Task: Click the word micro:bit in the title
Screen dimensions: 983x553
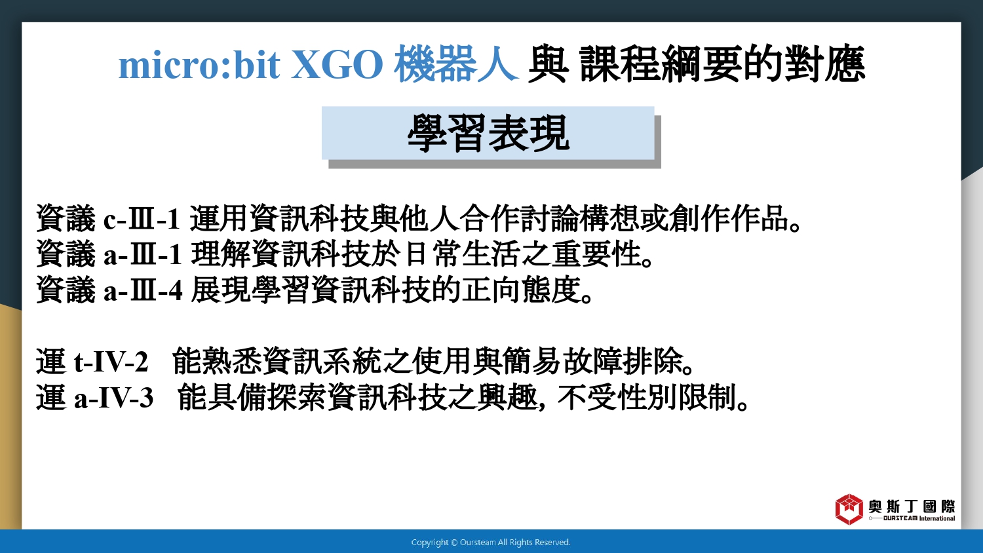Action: point(199,65)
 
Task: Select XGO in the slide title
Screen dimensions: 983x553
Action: point(337,65)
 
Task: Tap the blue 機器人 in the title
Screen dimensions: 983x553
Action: point(456,64)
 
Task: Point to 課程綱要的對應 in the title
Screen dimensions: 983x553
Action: point(722,64)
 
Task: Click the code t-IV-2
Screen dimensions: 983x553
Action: point(111,362)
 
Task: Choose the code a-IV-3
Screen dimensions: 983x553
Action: point(113,398)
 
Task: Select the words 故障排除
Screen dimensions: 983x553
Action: point(623,362)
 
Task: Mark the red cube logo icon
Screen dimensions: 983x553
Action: point(849,509)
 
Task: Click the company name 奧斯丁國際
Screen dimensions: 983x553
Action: point(912,506)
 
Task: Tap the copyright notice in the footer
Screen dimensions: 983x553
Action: point(491,543)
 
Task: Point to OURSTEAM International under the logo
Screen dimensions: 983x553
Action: point(919,518)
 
